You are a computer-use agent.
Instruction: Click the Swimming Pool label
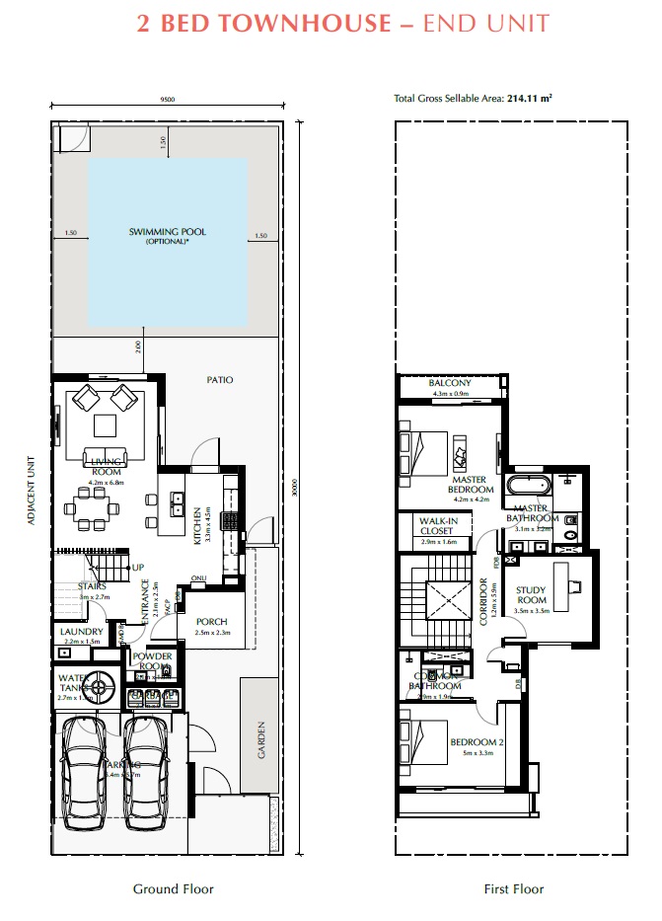tap(168, 233)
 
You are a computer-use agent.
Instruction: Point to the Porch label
tap(211, 622)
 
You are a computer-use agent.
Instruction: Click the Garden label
tap(261, 739)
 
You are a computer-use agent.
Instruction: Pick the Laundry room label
tap(81, 632)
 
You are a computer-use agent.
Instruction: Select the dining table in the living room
tap(93, 510)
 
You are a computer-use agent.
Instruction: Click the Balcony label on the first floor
tap(451, 383)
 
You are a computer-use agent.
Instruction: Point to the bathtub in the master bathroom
tap(531, 487)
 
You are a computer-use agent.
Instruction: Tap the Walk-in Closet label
tap(437, 525)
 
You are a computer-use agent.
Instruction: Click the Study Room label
tap(532, 595)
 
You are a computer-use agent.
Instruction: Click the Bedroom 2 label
tap(478, 742)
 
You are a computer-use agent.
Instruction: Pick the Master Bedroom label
tap(470, 484)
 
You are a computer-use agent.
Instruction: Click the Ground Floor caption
tap(174, 889)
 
